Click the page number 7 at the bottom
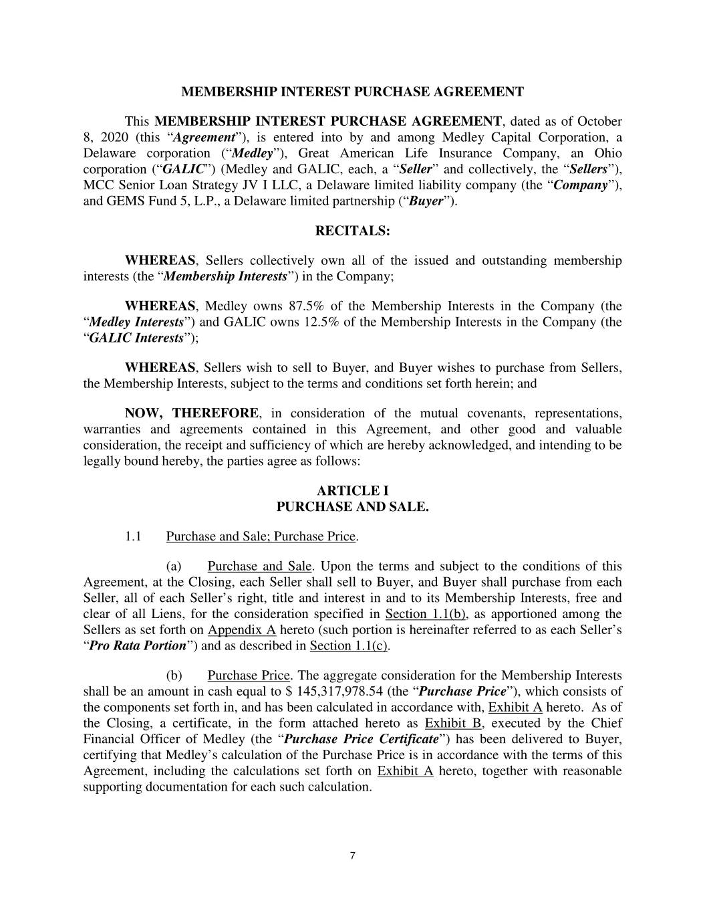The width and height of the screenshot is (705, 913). pyautogui.click(x=352, y=855)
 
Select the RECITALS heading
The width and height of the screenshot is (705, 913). pyautogui.click(x=352, y=231)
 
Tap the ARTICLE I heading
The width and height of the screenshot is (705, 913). pyautogui.click(x=352, y=491)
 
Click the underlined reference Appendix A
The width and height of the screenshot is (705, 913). pyautogui.click(x=242, y=630)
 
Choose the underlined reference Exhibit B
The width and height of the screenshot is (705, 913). pyautogui.click(x=453, y=723)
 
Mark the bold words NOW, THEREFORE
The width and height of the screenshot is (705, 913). pyautogui.click(x=191, y=413)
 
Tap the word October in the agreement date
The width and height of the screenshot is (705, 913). pyautogui.click(x=599, y=121)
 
